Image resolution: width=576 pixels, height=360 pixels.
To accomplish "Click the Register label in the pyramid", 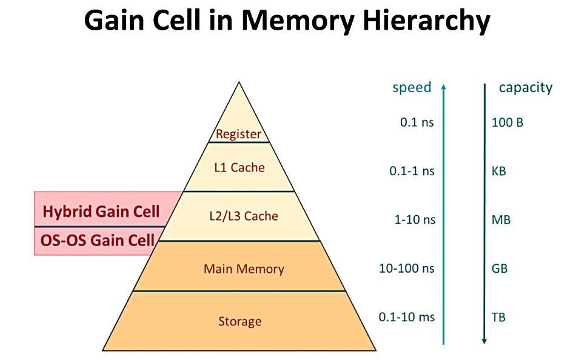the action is pos(238,134).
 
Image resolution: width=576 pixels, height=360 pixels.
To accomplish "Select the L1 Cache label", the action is pos(239,167).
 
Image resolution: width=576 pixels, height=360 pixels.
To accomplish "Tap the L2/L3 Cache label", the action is pos(244,216).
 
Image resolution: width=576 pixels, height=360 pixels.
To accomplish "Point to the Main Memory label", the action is pos(244,269).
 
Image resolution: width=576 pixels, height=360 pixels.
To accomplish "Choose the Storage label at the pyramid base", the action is pos(240,321).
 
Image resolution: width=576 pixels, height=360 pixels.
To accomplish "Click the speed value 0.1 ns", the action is pos(417,122).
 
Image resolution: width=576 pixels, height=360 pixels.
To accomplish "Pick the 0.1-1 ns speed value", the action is pos(412,171).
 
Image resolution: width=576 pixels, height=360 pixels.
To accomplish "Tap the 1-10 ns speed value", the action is pos(415,219).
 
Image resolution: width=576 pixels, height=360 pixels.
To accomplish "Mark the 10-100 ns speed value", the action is pos(407,268).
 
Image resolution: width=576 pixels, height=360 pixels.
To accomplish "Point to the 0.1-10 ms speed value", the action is pos(407,317).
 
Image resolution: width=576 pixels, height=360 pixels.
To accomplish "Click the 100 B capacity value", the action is pos(507,122).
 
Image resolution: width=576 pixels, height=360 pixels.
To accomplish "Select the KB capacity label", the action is pos(499,171).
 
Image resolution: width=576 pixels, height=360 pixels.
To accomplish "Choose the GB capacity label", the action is pos(500,268).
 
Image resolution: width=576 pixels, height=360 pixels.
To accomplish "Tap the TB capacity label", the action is pos(498,317).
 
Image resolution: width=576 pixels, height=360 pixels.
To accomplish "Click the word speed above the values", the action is pos(412,88).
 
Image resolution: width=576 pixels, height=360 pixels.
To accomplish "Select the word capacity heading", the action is pos(526,88).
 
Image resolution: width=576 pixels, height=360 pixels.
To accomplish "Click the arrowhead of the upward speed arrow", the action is pos(443,87).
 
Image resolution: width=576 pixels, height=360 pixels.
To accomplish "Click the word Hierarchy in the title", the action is pos(426,21).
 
